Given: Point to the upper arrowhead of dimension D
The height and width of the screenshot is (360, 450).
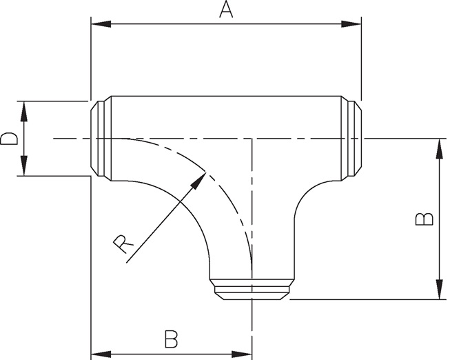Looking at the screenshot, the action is point(24,108).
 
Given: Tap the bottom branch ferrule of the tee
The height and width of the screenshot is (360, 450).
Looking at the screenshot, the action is point(252,289).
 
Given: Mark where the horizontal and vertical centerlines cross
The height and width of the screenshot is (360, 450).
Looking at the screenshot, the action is point(253,138).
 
